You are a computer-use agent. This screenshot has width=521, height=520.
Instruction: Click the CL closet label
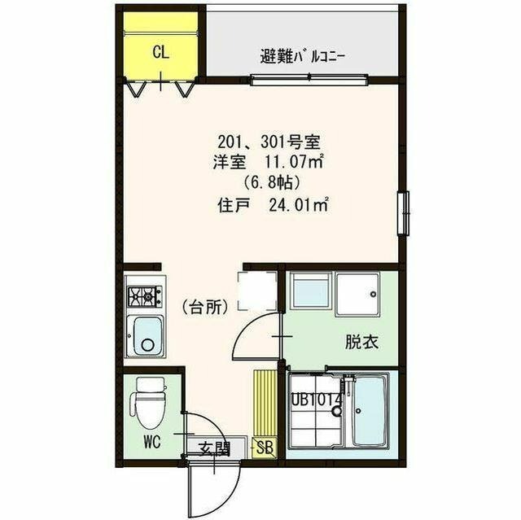click(x=160, y=54)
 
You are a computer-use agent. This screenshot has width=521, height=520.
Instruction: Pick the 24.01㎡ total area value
click(x=298, y=205)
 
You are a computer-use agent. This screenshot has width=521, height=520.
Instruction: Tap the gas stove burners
click(x=145, y=294)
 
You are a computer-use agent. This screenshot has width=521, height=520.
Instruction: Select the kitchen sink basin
click(x=147, y=334)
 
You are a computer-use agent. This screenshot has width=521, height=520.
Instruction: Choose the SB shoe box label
click(x=265, y=447)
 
